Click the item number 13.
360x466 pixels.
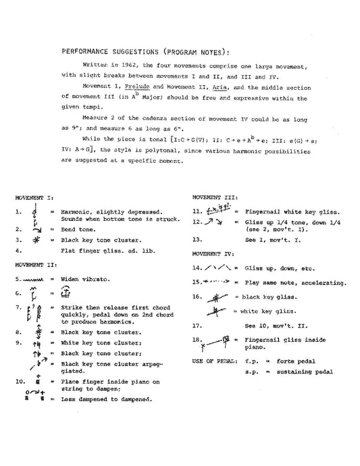(x=196, y=238)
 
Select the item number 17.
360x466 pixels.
(x=196, y=325)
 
